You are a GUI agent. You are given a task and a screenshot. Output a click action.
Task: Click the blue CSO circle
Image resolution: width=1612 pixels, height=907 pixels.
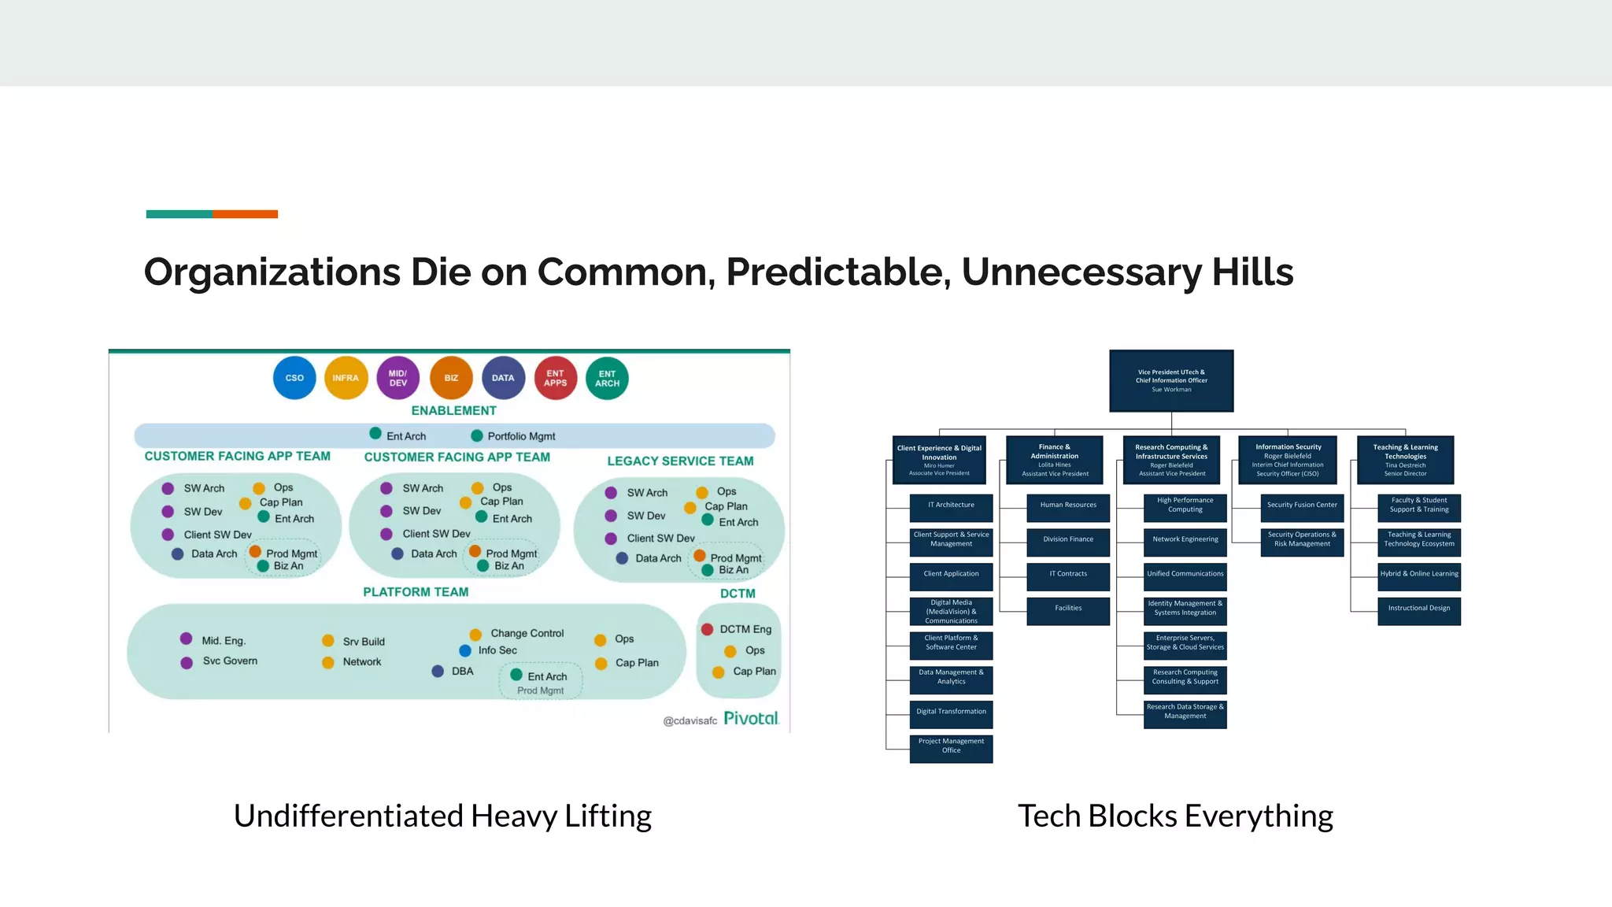pyautogui.click(x=294, y=378)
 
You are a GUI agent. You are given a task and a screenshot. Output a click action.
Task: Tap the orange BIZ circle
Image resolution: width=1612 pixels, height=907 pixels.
pyautogui.click(x=451, y=378)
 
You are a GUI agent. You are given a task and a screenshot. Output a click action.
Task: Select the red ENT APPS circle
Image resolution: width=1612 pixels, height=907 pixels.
pyautogui.click(x=556, y=378)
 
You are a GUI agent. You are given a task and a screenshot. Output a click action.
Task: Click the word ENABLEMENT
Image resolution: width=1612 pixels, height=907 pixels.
pyautogui.click(x=453, y=411)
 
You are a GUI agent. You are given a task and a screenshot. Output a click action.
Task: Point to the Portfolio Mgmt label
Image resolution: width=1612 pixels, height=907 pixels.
pyautogui.click(x=521, y=436)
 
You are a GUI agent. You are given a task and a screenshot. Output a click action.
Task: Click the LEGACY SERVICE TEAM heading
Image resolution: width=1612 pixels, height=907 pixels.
pyautogui.click(x=680, y=461)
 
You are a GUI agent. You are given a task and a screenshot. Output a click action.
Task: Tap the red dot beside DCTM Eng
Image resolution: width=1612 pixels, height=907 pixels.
pyautogui.click(x=707, y=629)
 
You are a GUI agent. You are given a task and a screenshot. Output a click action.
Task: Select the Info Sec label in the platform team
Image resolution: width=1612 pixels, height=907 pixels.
pyautogui.click(x=497, y=650)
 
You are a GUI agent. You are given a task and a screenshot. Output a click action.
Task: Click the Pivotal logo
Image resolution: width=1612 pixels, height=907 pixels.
pyautogui.click(x=751, y=718)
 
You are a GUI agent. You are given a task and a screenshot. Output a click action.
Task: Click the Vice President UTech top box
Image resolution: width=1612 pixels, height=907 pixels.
pyautogui.click(x=1171, y=380)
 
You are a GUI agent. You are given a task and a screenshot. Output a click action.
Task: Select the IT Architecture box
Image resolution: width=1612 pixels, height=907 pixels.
pyautogui.click(x=951, y=505)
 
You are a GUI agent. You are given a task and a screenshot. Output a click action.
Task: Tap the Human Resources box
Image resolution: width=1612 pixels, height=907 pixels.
pyautogui.click(x=1068, y=505)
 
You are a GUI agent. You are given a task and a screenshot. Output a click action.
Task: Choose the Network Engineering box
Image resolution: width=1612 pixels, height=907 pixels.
pyautogui.click(x=1185, y=540)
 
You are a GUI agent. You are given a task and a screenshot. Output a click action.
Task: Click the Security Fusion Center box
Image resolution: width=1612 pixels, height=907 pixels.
pyautogui.click(x=1302, y=505)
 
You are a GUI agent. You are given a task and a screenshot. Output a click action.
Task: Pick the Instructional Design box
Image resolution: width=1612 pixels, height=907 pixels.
pyautogui.click(x=1418, y=609)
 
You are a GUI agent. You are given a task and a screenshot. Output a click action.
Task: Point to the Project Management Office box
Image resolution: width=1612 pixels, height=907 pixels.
pyautogui.click(x=951, y=746)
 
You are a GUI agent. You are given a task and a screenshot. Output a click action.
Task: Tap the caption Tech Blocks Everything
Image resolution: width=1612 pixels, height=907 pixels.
pyautogui.click(x=1175, y=816)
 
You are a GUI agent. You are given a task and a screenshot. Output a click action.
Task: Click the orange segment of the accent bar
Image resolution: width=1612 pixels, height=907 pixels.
pyautogui.click(x=245, y=214)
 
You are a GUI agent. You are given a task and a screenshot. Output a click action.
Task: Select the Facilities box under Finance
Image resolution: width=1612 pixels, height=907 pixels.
pyautogui.click(x=1068, y=609)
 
